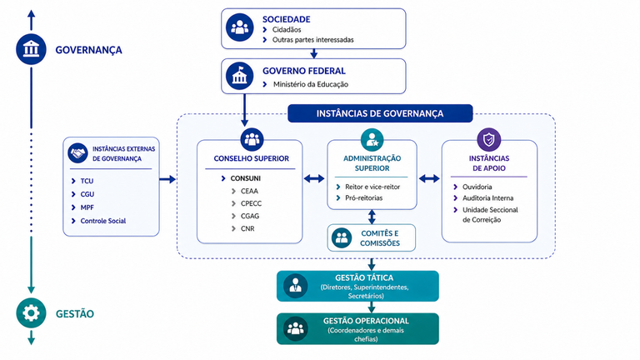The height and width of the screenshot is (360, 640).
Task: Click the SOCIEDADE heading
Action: [x=286, y=19]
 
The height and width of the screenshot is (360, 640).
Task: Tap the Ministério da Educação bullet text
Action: [x=311, y=84]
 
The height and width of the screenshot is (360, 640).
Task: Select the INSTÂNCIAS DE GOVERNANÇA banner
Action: [x=380, y=113]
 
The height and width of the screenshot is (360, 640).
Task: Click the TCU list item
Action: [x=87, y=181]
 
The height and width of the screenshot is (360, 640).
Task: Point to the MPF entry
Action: [x=87, y=207]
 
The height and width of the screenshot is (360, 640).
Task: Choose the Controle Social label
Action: [x=102, y=221]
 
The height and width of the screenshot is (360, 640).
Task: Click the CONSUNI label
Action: [x=245, y=178]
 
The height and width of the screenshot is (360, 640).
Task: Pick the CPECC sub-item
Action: [x=251, y=203]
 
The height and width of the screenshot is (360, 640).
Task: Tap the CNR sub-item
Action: [x=247, y=228]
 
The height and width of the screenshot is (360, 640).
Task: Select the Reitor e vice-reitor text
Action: [x=372, y=187]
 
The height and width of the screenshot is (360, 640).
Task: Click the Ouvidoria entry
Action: [x=477, y=187]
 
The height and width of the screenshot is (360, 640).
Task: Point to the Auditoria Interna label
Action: [x=487, y=198]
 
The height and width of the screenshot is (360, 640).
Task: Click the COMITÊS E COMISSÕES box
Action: [x=372, y=238]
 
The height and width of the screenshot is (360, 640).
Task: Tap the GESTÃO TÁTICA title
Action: [x=364, y=278]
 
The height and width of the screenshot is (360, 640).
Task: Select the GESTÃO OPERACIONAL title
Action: [x=366, y=321]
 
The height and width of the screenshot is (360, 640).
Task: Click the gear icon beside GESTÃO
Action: [x=31, y=313]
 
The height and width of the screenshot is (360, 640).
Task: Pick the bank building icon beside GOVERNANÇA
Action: [x=31, y=49]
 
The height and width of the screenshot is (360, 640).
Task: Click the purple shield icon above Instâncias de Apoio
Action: [x=488, y=140]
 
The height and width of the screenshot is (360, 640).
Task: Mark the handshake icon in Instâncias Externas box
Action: [x=78, y=153]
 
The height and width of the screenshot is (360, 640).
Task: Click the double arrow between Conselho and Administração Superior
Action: [x=314, y=178]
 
